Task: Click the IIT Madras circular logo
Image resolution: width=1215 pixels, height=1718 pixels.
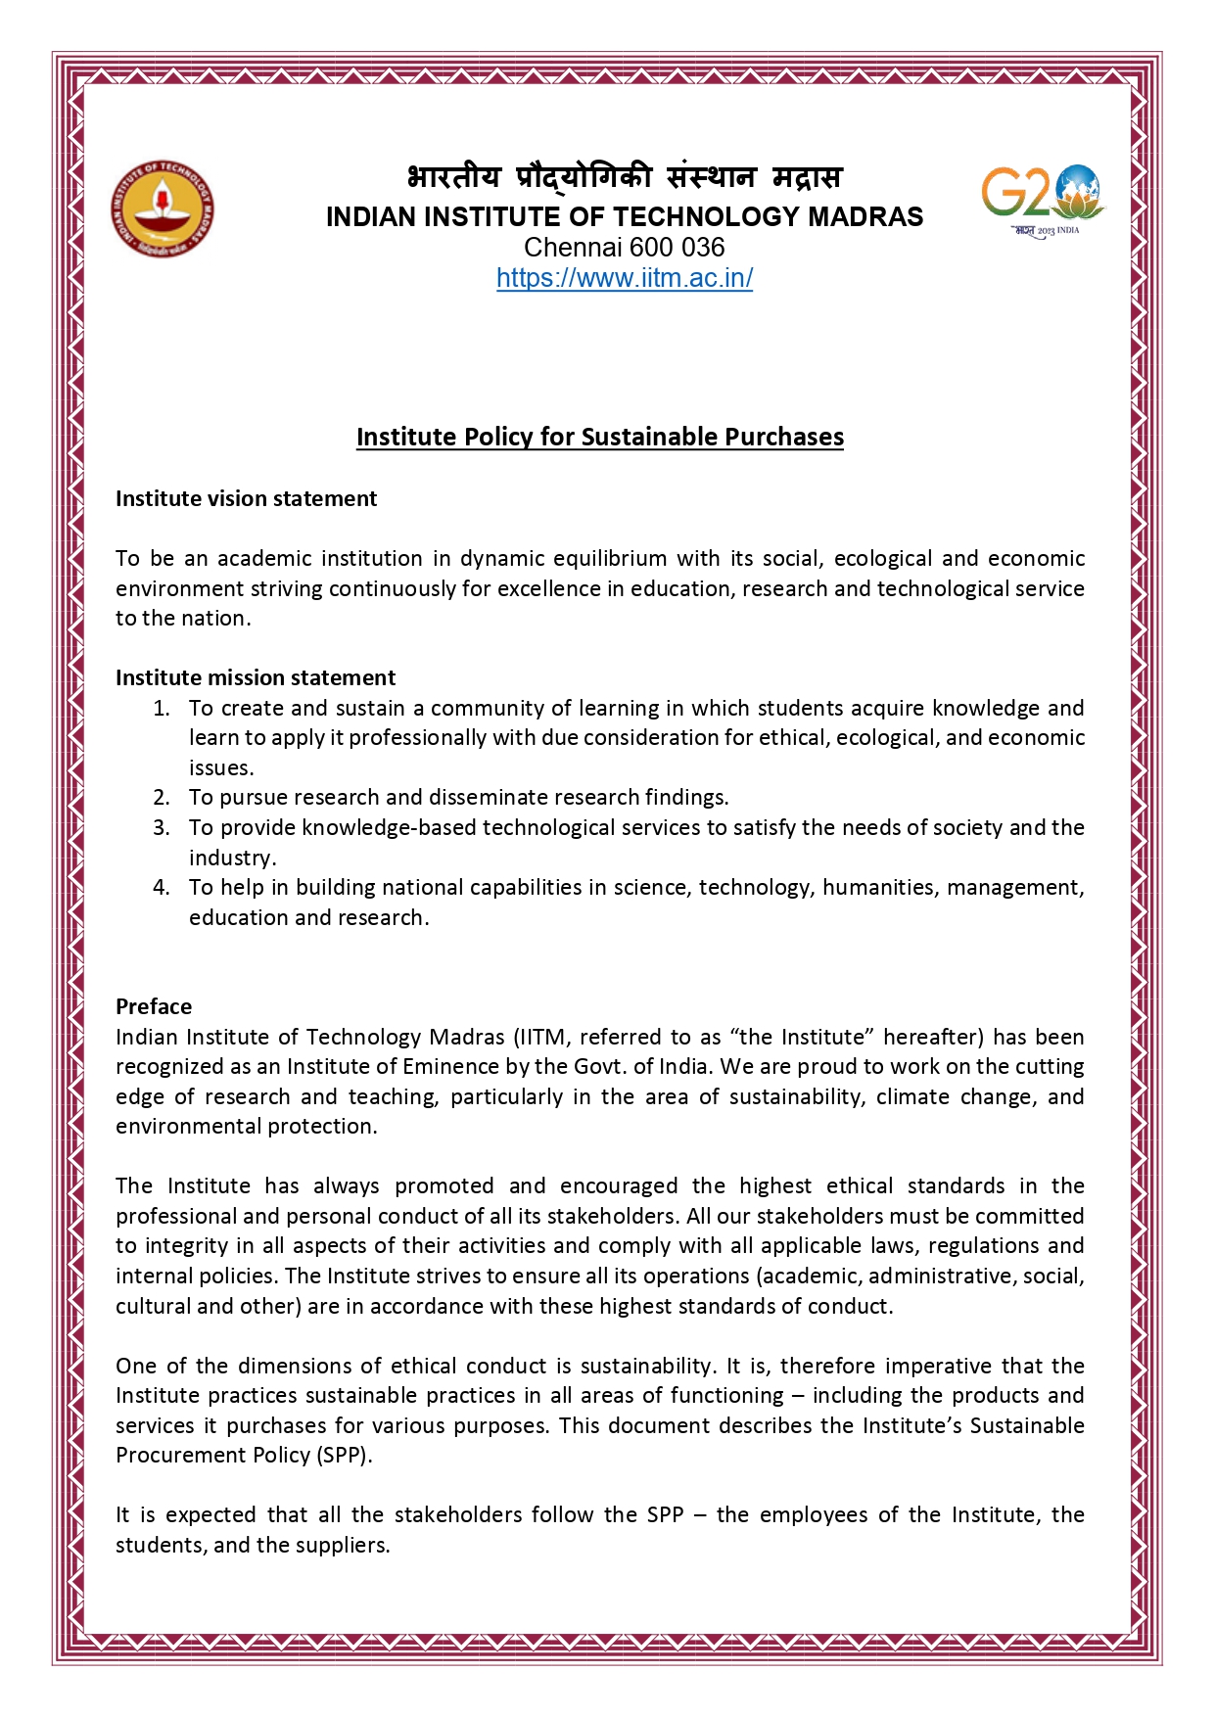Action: tap(162, 209)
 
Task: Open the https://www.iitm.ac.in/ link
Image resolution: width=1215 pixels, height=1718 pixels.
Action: tap(625, 278)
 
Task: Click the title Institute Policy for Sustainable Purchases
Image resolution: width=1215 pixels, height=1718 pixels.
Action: tap(599, 437)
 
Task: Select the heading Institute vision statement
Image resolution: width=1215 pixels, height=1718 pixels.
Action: tap(246, 498)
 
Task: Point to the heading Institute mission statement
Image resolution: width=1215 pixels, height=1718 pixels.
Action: tap(256, 677)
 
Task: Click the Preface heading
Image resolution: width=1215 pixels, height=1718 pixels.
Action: tap(154, 1006)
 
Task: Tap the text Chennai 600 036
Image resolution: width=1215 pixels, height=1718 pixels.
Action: tap(624, 247)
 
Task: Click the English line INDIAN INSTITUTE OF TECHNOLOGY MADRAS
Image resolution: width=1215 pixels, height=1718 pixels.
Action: tap(624, 216)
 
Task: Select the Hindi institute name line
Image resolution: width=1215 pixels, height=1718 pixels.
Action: tap(624, 177)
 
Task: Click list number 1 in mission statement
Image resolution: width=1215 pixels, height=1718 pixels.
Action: tap(162, 708)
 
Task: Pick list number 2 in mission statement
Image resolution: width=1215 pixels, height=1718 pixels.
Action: tap(162, 797)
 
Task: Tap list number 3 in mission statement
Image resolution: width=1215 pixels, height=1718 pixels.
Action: tap(162, 827)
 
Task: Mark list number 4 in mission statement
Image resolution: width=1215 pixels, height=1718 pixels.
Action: tap(162, 887)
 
